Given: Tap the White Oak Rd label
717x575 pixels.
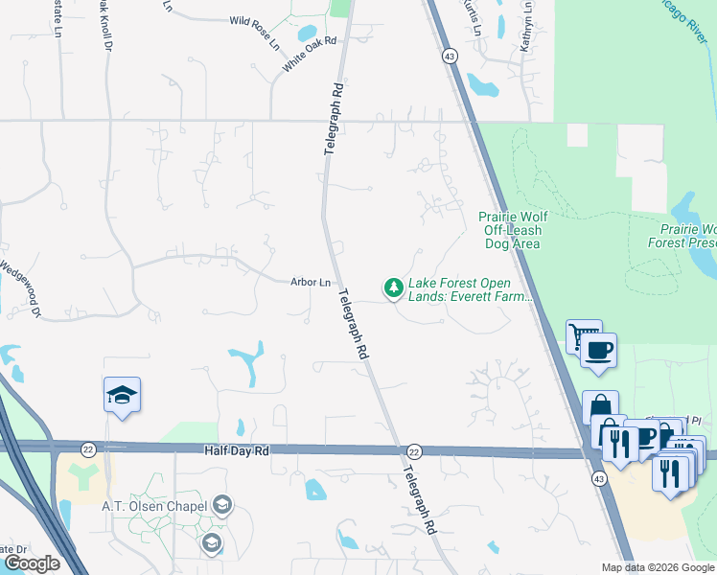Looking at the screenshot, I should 311,55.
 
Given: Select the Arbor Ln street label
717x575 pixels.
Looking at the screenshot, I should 311,282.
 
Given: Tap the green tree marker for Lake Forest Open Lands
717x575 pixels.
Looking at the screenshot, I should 393,287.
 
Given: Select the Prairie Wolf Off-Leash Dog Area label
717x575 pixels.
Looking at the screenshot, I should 511,230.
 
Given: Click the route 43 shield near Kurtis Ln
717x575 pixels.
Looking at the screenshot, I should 450,57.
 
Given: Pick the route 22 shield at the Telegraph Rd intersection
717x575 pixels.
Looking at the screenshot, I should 414,451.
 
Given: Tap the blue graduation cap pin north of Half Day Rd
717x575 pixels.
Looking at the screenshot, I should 123,395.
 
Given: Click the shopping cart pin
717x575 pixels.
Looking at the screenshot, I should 583,335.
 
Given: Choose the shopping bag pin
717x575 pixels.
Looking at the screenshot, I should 600,406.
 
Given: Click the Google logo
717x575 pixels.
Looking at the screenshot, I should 32,563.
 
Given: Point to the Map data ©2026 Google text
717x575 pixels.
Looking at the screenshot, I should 659,567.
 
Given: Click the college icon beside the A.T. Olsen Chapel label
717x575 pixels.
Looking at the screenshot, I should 222,505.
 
